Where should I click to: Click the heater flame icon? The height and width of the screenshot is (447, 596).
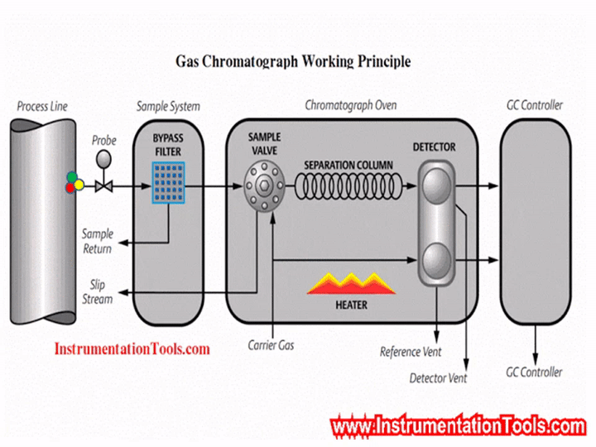pyautogui.click(x=351, y=282)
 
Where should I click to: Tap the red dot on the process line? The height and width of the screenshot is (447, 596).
pyautogui.click(x=70, y=188)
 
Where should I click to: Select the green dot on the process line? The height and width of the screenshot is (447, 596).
pyautogui.click(x=73, y=177)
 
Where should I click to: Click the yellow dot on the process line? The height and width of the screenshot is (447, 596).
pyautogui.click(x=79, y=185)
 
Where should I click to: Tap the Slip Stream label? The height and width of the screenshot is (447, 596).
pyautogui.click(x=98, y=291)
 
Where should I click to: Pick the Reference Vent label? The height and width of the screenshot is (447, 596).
pyautogui.click(x=411, y=352)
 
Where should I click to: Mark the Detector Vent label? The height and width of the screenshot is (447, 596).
pyautogui.click(x=438, y=378)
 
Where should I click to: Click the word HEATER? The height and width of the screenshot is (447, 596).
pyautogui.click(x=351, y=305)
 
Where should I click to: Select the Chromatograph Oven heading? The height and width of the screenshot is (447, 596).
pyautogui.click(x=350, y=106)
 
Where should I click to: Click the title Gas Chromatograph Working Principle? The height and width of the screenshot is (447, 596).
pyautogui.click(x=293, y=61)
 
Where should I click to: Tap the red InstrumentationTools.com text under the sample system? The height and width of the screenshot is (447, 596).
pyautogui.click(x=132, y=348)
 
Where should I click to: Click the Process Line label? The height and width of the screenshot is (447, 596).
pyautogui.click(x=42, y=106)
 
